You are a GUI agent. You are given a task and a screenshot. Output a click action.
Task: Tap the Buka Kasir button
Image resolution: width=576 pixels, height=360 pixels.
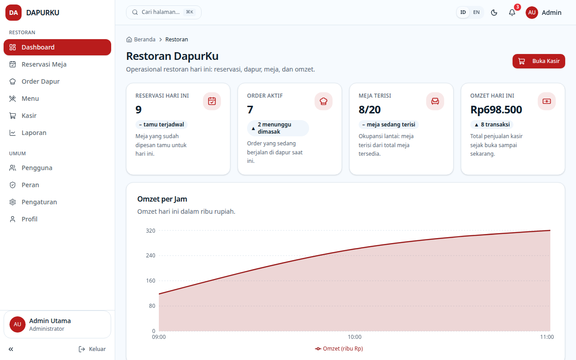(539, 61)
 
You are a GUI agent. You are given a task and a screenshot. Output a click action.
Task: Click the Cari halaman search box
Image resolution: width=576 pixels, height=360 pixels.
(163, 12)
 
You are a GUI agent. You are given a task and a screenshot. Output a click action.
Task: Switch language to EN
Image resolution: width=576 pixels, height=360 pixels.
(476, 12)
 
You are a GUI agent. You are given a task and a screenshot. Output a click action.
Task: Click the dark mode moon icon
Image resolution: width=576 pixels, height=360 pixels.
(494, 13)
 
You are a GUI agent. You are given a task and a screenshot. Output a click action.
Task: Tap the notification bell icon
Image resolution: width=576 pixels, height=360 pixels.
(512, 13)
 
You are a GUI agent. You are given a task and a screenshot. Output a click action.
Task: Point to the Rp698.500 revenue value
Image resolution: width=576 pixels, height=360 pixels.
(496, 110)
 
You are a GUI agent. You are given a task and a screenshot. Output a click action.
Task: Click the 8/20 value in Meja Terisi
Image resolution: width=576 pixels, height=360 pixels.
(369, 110)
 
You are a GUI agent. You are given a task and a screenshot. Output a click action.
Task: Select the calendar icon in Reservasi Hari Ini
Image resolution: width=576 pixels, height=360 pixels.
(212, 101)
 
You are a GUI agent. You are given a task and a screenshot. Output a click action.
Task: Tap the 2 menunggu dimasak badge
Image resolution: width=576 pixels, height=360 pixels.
(278, 128)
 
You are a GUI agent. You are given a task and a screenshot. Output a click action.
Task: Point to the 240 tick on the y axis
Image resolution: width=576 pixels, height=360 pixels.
(150, 256)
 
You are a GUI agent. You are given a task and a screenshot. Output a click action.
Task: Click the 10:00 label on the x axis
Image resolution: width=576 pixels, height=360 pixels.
(355, 337)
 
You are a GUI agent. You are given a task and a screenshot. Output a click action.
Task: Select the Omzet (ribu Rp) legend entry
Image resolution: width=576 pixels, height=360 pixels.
(339, 349)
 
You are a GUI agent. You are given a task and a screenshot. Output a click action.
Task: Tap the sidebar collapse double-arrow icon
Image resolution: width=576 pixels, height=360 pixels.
(11, 349)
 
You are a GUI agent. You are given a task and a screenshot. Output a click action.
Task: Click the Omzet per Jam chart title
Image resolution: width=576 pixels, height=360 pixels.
(162, 199)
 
